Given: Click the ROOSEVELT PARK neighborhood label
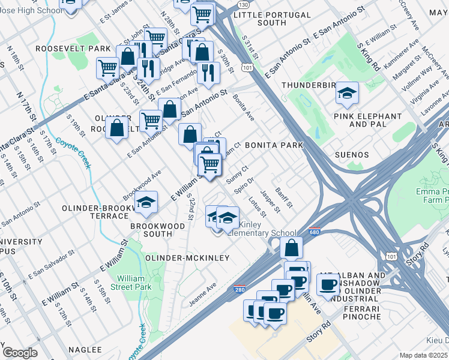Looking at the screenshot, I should (x=73, y=48).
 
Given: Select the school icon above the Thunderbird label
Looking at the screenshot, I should (x=347, y=93).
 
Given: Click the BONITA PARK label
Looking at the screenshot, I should (x=274, y=146).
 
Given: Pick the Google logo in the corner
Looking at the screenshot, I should (x=20, y=353).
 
